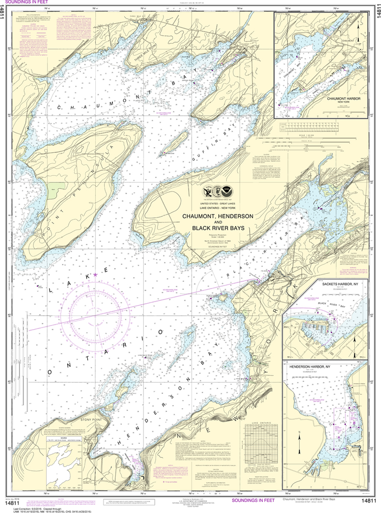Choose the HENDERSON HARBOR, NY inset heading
tap(314, 367)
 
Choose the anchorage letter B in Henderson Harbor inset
tap(354, 423)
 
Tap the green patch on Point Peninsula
tap(56, 190)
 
